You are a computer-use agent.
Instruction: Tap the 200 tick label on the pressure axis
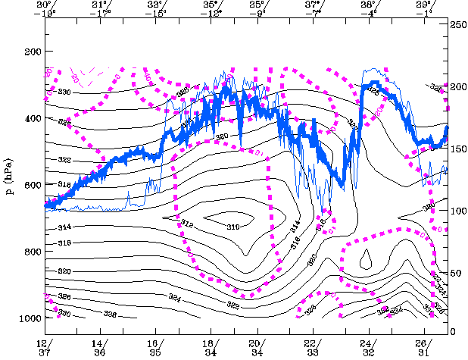coord(33,52)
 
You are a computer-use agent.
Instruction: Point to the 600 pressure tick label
coord(33,185)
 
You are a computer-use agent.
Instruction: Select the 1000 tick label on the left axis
coord(30,318)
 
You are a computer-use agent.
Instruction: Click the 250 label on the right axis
coord(457,26)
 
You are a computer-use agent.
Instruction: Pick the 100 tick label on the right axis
coord(457,209)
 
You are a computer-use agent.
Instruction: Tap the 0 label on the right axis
coord(453,332)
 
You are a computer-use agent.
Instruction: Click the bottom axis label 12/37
coord(45,346)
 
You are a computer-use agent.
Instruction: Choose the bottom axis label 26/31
coord(425,346)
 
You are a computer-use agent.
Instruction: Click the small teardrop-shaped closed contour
coord(366,259)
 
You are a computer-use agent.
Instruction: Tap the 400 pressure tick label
coord(33,119)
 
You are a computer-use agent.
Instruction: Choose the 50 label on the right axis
coord(455,271)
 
